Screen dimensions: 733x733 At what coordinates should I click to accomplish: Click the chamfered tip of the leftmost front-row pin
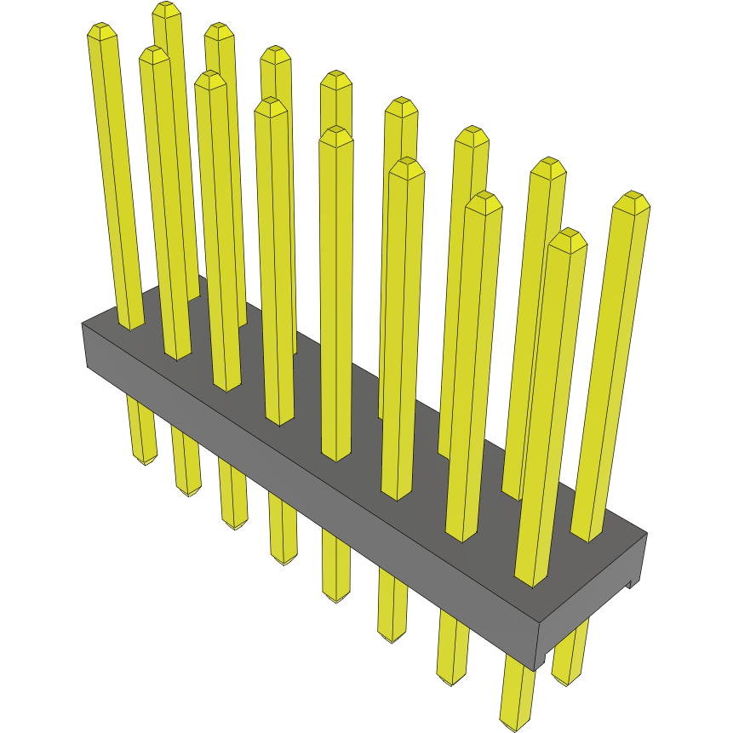[101, 31]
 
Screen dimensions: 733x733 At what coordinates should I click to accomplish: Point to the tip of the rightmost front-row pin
[567, 238]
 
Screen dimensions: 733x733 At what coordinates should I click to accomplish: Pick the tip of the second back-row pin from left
[219, 31]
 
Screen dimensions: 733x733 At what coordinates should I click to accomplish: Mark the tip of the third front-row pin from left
[209, 79]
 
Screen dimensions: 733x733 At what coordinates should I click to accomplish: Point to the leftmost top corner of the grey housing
[83, 324]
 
